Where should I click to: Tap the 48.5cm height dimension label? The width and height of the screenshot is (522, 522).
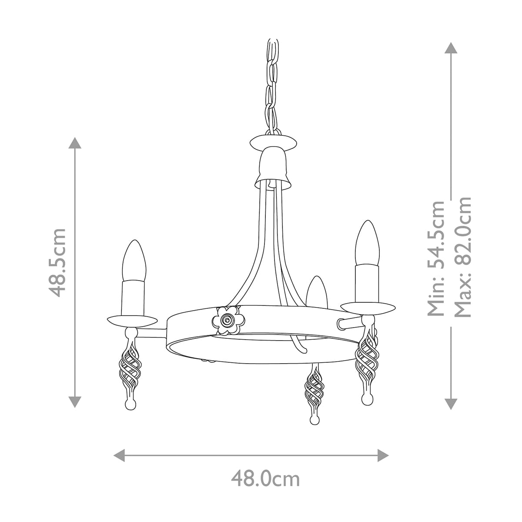[57, 262]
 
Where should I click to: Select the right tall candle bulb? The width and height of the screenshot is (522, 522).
[368, 242]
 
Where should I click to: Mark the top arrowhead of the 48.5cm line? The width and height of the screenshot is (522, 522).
[75, 143]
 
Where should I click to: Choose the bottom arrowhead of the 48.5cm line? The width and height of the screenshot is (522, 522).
[75, 402]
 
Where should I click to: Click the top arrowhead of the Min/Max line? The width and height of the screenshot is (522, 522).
[451, 48]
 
